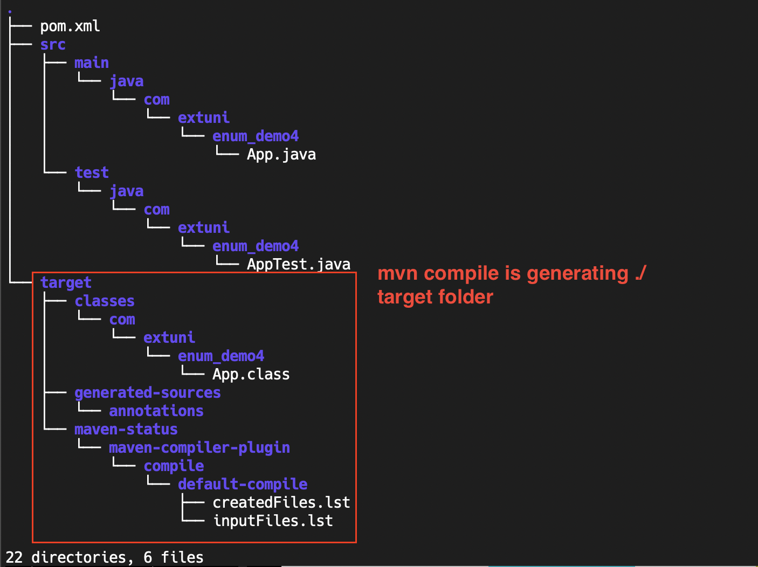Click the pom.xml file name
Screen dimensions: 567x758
70,26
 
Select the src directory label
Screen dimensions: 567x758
53,45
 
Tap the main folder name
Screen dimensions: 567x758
92,63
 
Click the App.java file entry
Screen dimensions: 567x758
281,155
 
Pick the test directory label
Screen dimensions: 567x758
92,173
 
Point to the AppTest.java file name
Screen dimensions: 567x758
299,265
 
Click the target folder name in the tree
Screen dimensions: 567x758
66,283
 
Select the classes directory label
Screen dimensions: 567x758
105,301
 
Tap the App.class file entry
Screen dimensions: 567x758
251,375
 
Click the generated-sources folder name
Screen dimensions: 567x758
148,393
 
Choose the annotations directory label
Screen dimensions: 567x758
156,411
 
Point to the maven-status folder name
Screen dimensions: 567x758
126,430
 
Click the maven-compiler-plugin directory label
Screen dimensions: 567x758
199,448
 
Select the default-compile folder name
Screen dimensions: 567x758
243,485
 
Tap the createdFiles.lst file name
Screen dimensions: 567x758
281,503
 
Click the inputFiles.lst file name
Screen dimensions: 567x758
273,521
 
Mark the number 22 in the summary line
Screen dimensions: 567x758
14,557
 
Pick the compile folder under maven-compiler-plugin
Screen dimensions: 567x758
174,466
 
